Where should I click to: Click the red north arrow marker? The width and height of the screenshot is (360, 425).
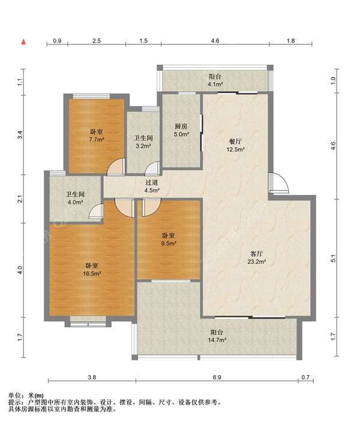click(24, 42)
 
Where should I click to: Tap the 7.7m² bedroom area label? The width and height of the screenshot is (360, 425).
click(97, 136)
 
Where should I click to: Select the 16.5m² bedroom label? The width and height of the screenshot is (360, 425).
click(92, 270)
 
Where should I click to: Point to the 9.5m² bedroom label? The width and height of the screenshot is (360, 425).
click(169, 240)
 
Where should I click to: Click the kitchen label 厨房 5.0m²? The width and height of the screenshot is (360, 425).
click(181, 130)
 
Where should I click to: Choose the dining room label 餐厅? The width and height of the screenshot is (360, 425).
click(235, 141)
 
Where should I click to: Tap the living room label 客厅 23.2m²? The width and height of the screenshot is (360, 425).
click(256, 258)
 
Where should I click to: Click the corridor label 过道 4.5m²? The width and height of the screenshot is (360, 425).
click(152, 186)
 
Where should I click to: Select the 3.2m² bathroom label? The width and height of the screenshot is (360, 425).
click(143, 142)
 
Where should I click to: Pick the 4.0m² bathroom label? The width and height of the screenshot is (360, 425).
click(75, 198)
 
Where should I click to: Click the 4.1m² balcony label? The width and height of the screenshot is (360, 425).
click(215, 80)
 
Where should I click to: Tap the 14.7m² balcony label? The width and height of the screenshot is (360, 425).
click(217, 336)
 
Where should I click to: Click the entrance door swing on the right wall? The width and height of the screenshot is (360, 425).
click(279, 183)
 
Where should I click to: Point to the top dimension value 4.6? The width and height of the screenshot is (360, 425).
click(215, 41)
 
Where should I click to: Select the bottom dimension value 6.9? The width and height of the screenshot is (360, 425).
click(217, 377)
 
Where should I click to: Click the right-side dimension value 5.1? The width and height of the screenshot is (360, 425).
click(334, 258)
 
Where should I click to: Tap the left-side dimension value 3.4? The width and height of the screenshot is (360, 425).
click(20, 134)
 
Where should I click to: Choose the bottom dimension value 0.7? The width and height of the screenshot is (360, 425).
click(305, 377)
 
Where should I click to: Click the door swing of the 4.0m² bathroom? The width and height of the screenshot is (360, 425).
click(96, 211)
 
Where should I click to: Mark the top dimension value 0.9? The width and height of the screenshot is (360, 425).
click(57, 41)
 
